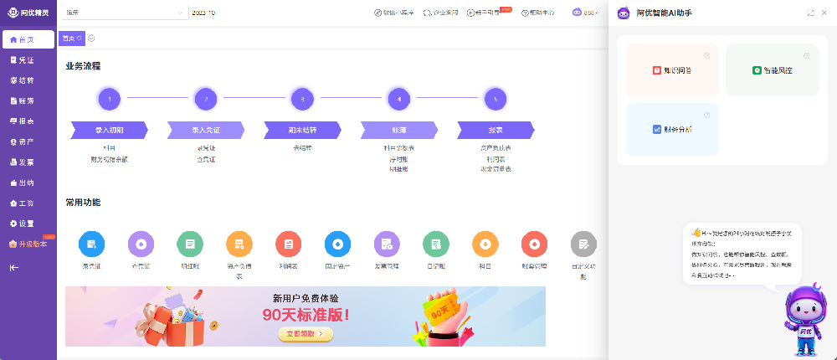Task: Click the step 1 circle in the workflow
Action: (110, 100)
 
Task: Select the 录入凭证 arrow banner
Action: (205, 130)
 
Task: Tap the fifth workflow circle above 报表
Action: (496, 100)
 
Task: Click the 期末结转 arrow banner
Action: (302, 130)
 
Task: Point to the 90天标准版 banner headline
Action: (306, 316)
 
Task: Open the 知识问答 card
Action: (672, 70)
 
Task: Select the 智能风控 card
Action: (772, 70)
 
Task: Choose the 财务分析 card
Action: (672, 130)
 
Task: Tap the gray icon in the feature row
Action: (583, 244)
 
